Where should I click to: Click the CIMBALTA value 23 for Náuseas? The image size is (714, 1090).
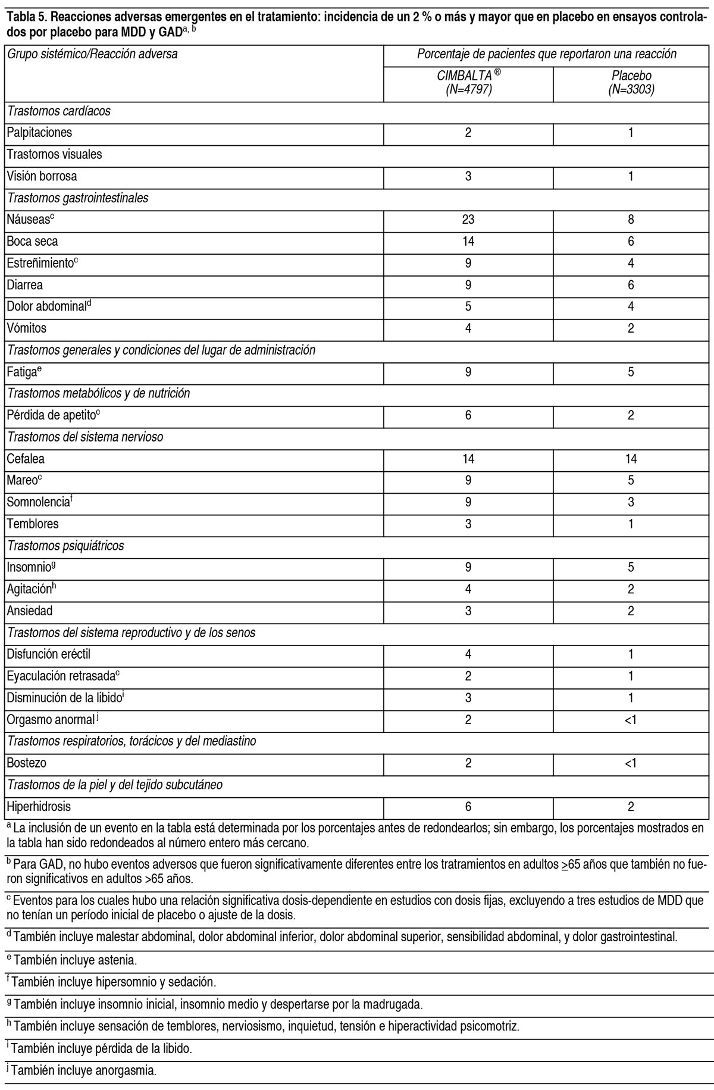468,220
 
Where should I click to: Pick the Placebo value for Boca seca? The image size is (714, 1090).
631,242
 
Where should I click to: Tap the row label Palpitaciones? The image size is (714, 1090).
39,133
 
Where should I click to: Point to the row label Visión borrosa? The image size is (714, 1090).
42,176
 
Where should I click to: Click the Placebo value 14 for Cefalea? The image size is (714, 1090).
631,459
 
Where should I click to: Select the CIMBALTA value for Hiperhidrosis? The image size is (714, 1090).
468,807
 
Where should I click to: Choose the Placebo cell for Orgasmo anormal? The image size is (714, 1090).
631,720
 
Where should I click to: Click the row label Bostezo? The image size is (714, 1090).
27,763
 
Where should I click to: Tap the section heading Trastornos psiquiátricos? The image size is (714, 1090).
65,546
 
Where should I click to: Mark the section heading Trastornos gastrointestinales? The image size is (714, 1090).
77,198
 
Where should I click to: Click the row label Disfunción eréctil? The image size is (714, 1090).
49,654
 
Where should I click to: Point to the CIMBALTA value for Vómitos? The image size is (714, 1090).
468,328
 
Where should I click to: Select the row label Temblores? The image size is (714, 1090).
33,524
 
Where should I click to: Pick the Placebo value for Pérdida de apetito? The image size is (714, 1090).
631,415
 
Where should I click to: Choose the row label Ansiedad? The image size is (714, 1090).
30,611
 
